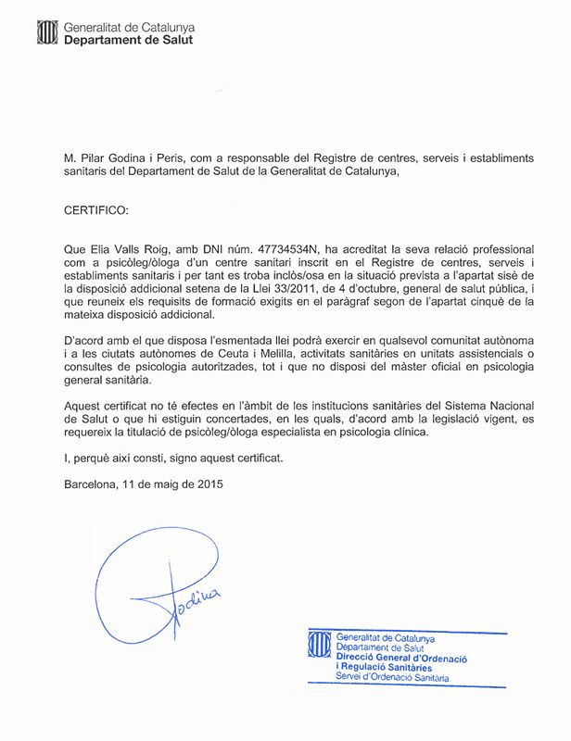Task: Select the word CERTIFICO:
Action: [98, 210]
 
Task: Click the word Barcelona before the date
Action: [92, 484]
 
